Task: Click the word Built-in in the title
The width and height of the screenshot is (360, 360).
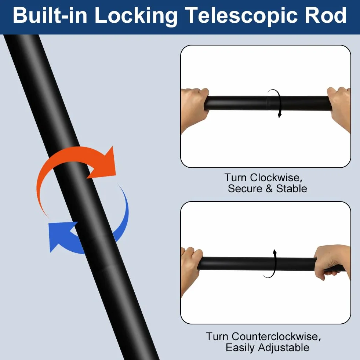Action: [x=50, y=15]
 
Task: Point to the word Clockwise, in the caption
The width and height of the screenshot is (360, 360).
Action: [x=276, y=178]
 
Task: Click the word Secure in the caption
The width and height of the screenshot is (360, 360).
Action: [x=245, y=189]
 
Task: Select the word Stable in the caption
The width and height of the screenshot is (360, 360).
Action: [x=291, y=189]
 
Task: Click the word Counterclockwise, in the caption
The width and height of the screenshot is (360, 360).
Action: [x=276, y=337]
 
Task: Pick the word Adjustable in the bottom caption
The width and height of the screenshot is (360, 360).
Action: [x=284, y=348]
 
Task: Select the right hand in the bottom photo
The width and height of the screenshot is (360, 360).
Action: [x=333, y=262]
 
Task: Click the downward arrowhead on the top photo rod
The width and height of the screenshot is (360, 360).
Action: [x=280, y=115]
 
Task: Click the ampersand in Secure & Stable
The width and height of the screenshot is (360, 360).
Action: [x=269, y=189]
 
